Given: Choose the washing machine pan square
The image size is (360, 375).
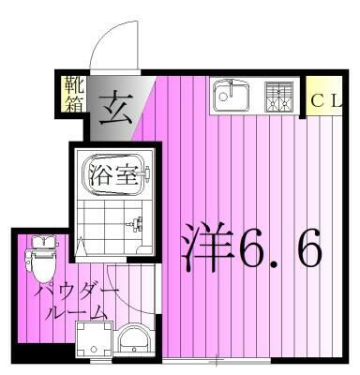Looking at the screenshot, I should coord(93,341).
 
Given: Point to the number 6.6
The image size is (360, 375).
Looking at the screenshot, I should coord(279,248).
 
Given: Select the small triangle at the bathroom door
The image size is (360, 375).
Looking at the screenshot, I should coord(82,248).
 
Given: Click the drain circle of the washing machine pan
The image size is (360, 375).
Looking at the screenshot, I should coord(93,341).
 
